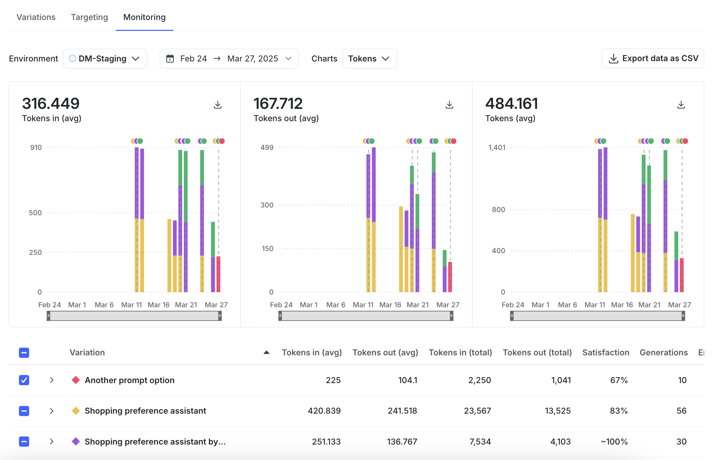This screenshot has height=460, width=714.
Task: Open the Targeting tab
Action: (89, 17)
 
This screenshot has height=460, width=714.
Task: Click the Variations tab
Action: (36, 17)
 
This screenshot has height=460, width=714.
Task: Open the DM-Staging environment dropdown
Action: (105, 59)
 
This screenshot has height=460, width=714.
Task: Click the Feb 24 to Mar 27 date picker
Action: (229, 59)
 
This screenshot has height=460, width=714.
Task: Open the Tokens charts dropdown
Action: (369, 59)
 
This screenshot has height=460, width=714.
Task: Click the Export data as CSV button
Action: (653, 58)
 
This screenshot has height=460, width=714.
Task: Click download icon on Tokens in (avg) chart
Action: (218, 105)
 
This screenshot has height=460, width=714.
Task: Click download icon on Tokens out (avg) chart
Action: (449, 105)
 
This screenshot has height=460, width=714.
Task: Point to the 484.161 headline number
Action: (511, 104)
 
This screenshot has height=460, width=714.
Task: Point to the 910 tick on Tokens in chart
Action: (36, 147)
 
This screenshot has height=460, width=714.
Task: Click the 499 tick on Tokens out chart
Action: (267, 147)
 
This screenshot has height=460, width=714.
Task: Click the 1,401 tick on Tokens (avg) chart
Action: (497, 147)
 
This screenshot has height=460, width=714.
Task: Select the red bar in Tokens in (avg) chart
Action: (218, 274)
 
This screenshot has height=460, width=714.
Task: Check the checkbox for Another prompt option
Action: (24, 380)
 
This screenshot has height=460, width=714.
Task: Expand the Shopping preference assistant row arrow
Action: (52, 411)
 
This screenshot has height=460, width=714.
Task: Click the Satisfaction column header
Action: (606, 353)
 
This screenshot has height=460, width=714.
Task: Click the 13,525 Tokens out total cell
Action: (557, 411)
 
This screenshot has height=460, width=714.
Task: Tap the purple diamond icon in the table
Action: (75, 441)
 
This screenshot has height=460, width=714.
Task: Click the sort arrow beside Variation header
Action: (266, 353)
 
